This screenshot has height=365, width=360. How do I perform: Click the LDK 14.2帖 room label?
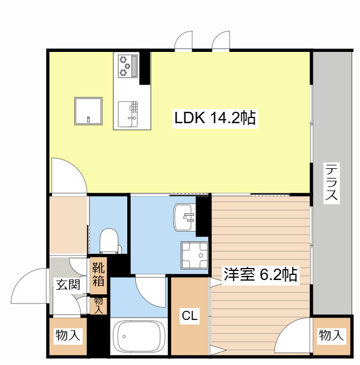click(215, 119)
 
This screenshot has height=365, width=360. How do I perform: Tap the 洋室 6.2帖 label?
click(260, 275)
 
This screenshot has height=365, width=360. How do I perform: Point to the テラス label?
click(331, 183)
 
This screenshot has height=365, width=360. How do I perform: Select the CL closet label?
click(190, 315)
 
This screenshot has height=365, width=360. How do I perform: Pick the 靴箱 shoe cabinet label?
click(99, 273)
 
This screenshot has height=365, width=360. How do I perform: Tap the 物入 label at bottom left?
click(67, 336)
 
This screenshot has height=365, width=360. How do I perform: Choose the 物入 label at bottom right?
click(331, 336)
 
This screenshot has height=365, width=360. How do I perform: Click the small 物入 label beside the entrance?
click(99, 305)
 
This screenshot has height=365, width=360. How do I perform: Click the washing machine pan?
click(194, 254)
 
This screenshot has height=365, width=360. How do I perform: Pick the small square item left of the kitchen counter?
click(88, 111)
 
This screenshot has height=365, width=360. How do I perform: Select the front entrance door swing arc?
click(29, 288)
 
